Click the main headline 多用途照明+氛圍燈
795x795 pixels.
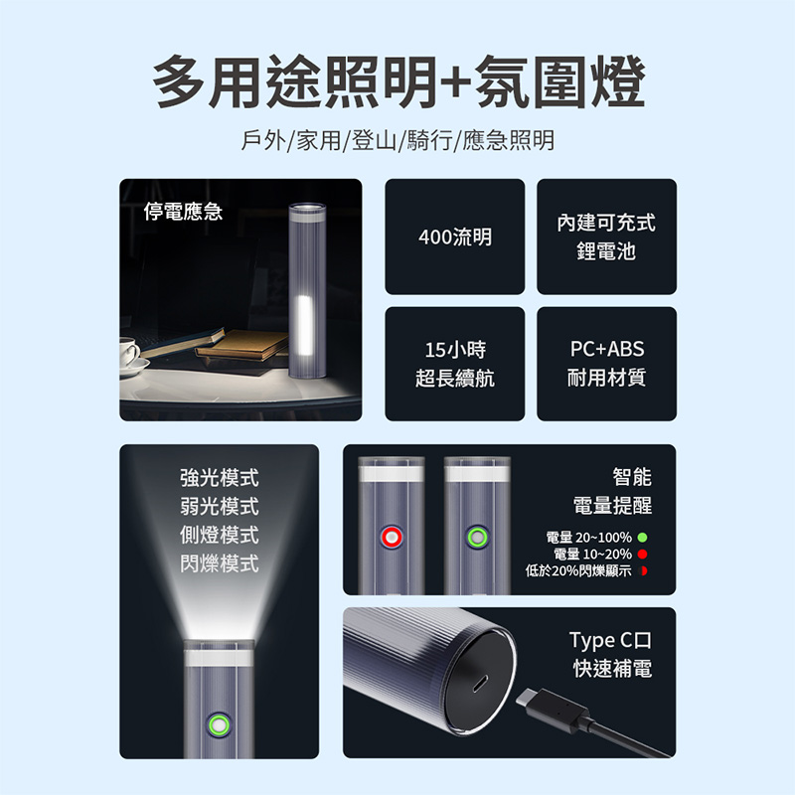pyautogui.click(x=398, y=82)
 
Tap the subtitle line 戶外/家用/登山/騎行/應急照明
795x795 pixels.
pyautogui.click(x=397, y=140)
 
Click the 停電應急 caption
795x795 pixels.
pyautogui.click(x=183, y=212)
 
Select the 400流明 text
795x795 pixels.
pyautogui.click(x=455, y=237)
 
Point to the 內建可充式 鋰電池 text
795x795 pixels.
pyautogui.click(x=606, y=237)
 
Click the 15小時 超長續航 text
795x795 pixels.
pyautogui.click(x=455, y=364)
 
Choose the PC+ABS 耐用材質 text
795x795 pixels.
pyautogui.click(x=606, y=363)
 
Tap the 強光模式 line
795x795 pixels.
pyautogui.click(x=219, y=478)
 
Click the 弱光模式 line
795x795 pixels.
pyautogui.click(x=219, y=506)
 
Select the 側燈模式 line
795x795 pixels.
pyautogui.click(x=219, y=535)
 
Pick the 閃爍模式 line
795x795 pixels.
pyautogui.click(x=219, y=563)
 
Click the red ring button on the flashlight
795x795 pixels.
pyautogui.click(x=392, y=538)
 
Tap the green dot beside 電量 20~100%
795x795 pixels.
pyautogui.click(x=642, y=538)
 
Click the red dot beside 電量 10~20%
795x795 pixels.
pyautogui.click(x=642, y=555)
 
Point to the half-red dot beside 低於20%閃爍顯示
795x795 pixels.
pyautogui.click(x=643, y=570)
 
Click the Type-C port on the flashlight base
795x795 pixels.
pyautogui.click(x=480, y=683)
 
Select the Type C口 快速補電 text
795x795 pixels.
pyautogui.click(x=610, y=655)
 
